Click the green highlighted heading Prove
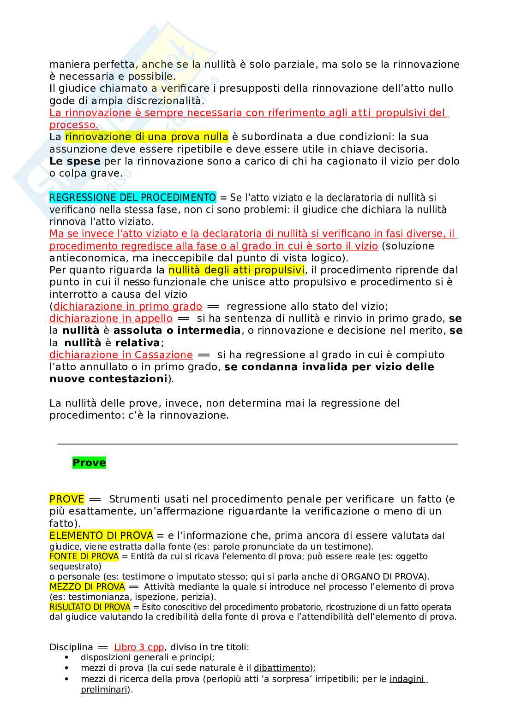click(89, 462)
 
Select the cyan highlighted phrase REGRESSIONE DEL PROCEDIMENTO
click(132, 197)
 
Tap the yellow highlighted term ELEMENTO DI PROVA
click(101, 535)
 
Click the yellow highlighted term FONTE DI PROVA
click(84, 556)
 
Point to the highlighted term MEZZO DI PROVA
click(87, 586)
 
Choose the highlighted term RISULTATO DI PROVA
click(90, 607)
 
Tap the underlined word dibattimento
click(281, 668)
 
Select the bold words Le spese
click(75, 161)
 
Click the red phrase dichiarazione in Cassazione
click(121, 355)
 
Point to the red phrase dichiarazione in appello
click(111, 318)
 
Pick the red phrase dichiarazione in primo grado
click(128, 306)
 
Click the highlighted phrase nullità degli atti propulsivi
click(236, 270)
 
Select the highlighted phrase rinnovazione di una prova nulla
click(146, 136)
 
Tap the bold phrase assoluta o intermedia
click(177, 330)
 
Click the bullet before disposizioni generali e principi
click(67, 657)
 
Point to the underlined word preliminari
click(106, 690)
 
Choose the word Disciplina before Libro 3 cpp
click(71, 647)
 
